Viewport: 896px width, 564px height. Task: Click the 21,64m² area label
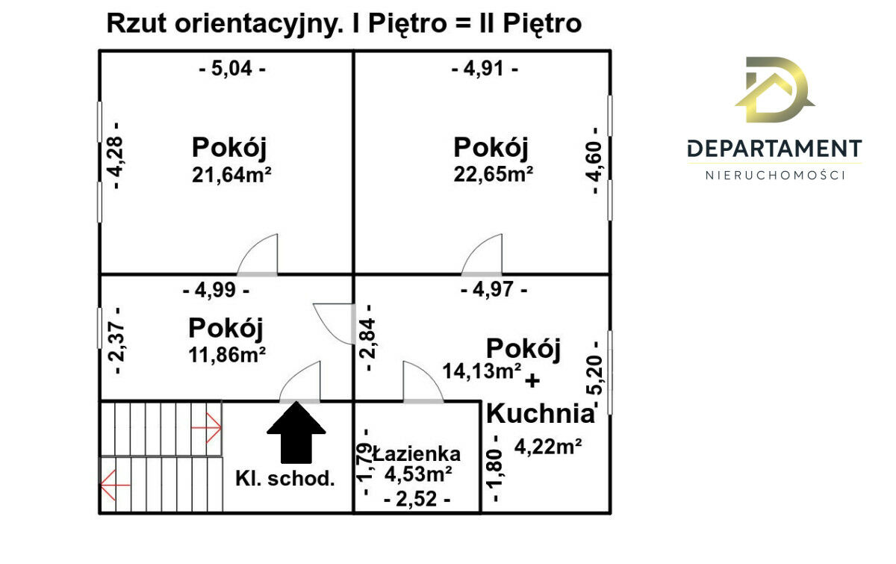coord(231,175)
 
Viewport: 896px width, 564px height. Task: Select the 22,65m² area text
coord(494,175)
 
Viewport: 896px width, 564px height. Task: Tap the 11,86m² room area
coord(227,355)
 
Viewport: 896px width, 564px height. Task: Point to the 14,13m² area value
coord(482,371)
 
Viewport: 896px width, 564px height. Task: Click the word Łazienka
coord(417,454)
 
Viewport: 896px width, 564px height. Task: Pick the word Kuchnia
coord(541,413)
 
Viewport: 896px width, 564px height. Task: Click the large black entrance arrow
coord(296,433)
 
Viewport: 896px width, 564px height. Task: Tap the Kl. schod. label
coord(284,478)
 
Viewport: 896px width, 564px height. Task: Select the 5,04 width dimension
coord(232,69)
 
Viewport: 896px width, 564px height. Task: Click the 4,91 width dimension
coord(485,69)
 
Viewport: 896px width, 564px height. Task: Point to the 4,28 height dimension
coord(116,155)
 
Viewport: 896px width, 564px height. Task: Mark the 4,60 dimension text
coord(594,161)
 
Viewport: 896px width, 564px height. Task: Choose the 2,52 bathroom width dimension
coord(417,499)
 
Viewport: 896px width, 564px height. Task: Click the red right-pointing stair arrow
coord(206,427)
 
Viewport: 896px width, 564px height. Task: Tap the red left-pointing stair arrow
coord(115,485)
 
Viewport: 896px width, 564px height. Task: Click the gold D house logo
coord(775,90)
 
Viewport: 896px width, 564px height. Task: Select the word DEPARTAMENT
coord(774,149)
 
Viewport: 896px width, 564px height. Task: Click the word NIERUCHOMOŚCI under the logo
coord(775,176)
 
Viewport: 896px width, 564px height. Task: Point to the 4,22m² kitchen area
coord(548,446)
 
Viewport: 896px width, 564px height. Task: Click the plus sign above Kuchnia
coord(532,381)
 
